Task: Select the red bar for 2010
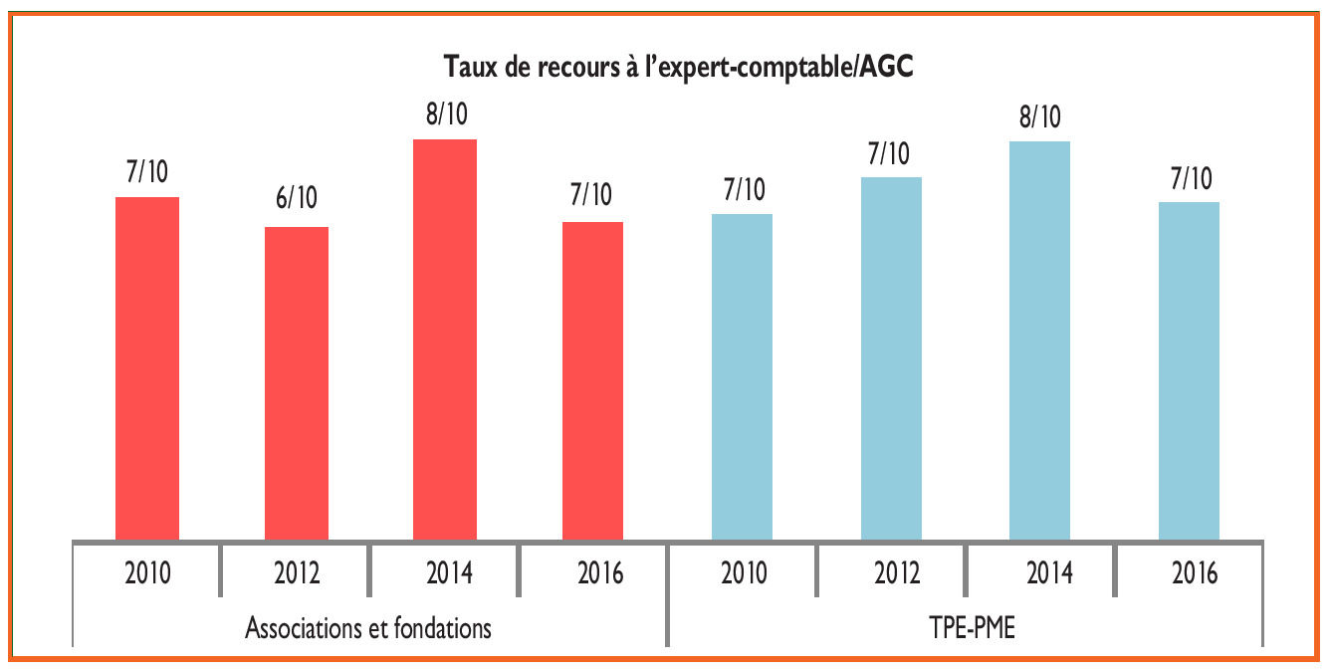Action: (147, 368)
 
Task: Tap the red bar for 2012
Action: (296, 383)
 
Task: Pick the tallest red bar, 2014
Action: (445, 339)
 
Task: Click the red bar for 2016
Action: (592, 380)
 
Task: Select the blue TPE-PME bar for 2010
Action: (743, 376)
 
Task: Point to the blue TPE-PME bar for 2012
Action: (891, 358)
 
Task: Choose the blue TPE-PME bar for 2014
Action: (1039, 340)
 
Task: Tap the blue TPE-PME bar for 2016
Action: (1189, 370)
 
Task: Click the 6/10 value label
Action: (296, 198)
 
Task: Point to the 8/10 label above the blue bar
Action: (1039, 117)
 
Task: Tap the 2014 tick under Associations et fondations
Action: (445, 573)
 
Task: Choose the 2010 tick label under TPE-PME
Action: (743, 573)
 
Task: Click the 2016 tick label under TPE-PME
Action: (1189, 574)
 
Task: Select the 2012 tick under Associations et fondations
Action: (296, 573)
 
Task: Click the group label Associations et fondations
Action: (368, 629)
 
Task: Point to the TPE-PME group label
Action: (965, 629)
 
